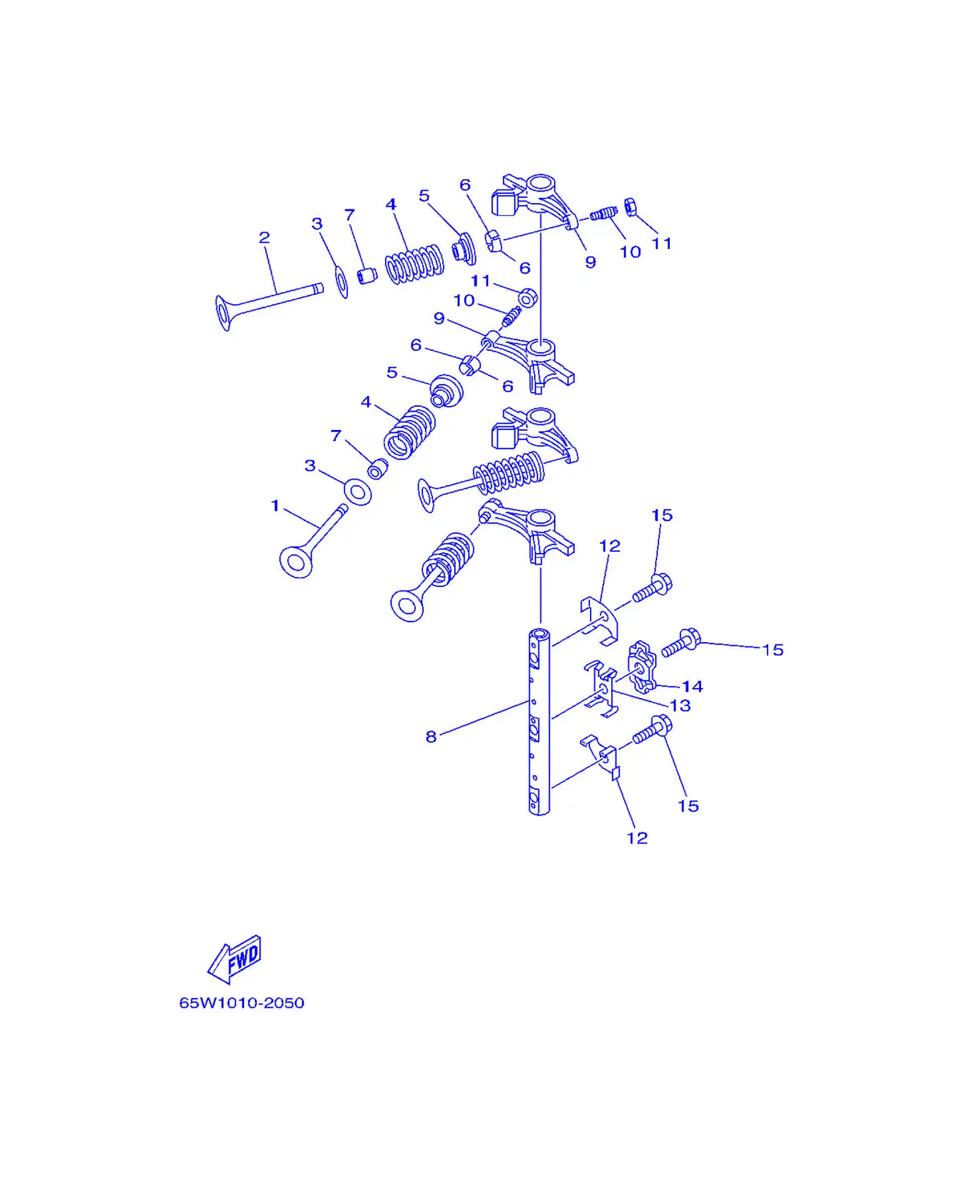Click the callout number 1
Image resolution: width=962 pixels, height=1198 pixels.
click(275, 506)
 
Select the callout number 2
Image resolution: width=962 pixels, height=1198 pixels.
click(264, 238)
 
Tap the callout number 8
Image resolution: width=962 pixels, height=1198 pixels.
click(431, 737)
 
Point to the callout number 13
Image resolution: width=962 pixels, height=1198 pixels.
click(680, 705)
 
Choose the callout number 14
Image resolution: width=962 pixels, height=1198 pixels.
click(692, 686)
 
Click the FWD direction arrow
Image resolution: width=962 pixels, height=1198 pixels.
click(235, 959)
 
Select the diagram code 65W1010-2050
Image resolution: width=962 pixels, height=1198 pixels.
click(242, 1003)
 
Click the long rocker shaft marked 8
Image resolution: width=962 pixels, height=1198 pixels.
click(539, 721)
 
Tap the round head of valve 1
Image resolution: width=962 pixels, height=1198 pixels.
click(296, 562)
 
